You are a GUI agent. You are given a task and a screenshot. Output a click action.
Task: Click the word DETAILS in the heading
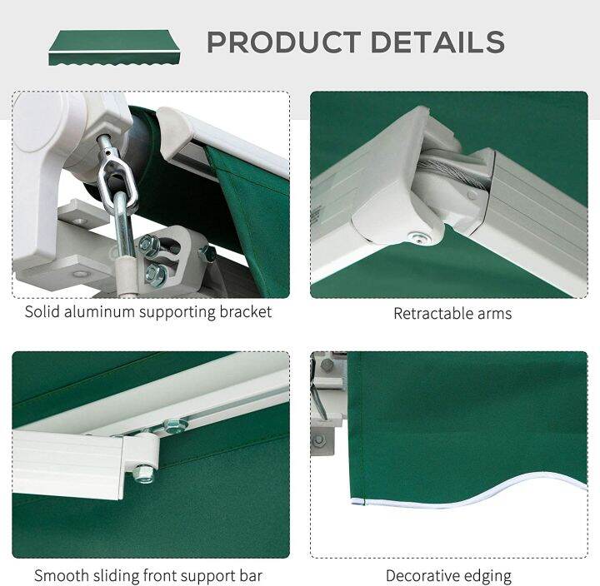pos(437,42)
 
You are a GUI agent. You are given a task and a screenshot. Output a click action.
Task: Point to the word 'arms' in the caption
pos(495,314)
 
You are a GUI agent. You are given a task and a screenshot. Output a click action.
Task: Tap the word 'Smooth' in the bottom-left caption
pos(61,575)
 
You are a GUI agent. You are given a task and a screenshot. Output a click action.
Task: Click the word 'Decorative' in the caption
pos(426,575)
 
